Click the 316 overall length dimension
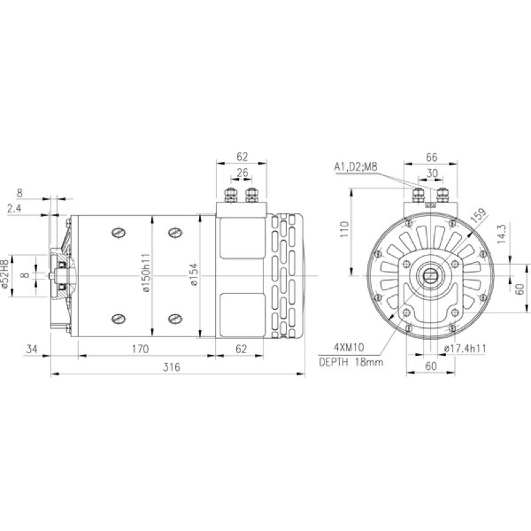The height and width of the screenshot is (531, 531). click(172, 368)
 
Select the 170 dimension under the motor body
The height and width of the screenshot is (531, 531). click(140, 349)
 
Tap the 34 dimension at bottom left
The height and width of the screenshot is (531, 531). click(31, 349)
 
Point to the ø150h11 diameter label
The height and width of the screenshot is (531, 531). click(145, 273)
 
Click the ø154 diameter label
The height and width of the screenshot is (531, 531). click(194, 275)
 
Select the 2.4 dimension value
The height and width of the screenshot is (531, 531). click(14, 208)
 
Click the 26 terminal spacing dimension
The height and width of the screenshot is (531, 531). click(242, 173)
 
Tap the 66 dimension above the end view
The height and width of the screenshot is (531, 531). click(431, 157)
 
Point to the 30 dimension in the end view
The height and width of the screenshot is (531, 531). click(432, 173)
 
